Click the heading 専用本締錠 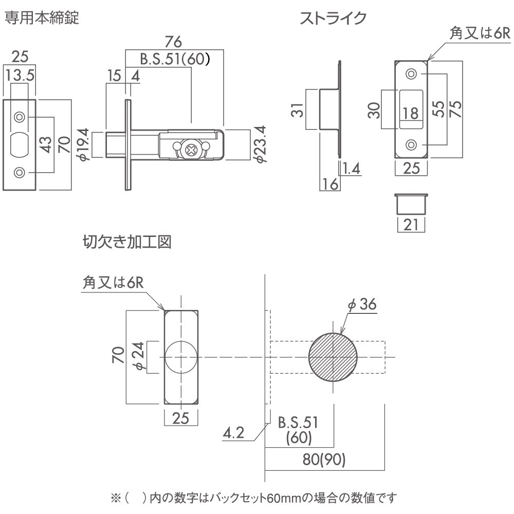[42, 19]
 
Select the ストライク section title [333, 19]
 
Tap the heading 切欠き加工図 [126, 242]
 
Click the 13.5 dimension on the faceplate [21, 76]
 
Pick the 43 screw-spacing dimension [45, 145]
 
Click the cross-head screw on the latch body [191, 150]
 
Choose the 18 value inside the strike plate [410, 114]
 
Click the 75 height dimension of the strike [454, 109]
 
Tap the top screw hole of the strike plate [411, 74]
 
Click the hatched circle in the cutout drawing [333, 357]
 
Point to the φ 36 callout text [362, 304]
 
